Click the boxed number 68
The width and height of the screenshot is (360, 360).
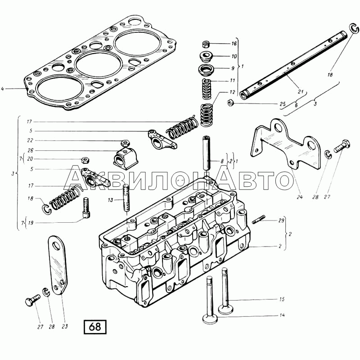95,327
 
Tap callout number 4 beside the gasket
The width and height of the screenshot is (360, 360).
3,89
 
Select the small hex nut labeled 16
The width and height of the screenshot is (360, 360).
206,44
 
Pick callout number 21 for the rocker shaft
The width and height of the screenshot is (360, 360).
301,92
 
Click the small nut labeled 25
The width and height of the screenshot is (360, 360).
230,103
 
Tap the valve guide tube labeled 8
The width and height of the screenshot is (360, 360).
207,153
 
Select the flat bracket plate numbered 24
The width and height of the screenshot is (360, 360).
285,144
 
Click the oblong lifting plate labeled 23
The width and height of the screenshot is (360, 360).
58,265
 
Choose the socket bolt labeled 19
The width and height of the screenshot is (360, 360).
86,207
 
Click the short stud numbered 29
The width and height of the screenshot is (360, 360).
258,219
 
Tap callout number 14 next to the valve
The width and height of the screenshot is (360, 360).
283,315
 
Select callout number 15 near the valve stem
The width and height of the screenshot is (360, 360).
282,299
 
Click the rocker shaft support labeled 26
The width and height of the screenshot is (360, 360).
126,157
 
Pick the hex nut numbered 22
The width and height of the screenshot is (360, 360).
126,143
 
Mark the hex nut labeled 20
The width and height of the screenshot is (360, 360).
85,160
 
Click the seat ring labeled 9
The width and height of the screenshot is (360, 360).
207,70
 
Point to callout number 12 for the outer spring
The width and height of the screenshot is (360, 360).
232,92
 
